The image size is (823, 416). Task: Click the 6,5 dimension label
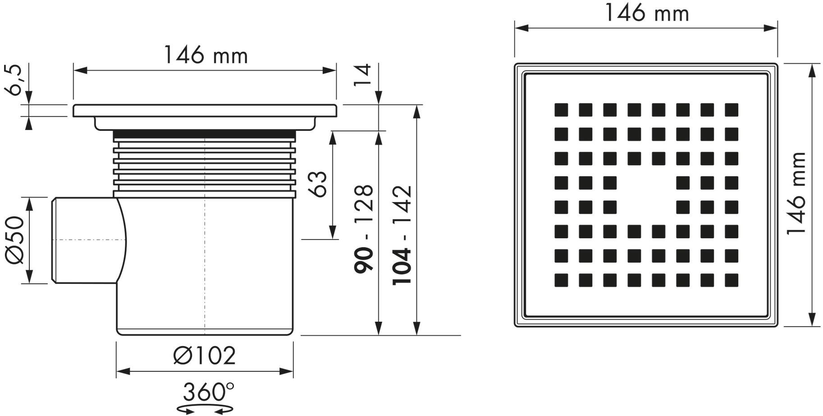[14, 80]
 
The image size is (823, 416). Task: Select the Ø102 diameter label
[204, 356]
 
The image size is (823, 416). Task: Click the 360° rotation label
[208, 392]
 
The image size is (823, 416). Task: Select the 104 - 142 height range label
[402, 235]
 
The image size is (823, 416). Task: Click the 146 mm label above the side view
[205, 56]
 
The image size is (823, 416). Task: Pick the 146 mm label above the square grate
[646, 13]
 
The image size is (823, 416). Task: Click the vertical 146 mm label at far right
[796, 193]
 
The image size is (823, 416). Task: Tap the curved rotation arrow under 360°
[205, 409]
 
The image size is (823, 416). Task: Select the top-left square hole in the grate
[561, 110]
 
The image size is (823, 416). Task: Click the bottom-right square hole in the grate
[732, 280]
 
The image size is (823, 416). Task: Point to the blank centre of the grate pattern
[646, 195]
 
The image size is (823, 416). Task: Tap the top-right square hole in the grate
[732, 110]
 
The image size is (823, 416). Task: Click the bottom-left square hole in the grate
[561, 280]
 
